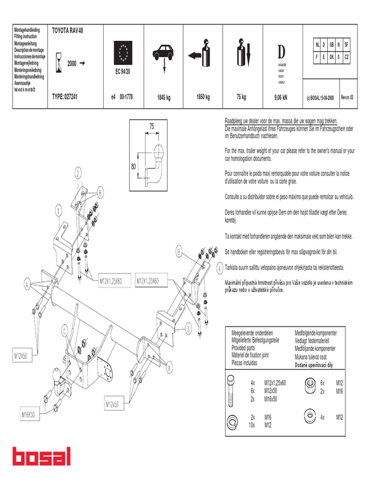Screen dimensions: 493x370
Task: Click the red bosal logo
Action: (x=41, y=457)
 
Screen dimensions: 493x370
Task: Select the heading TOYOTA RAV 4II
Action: (x=71, y=30)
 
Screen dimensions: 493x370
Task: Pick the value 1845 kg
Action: (x=163, y=98)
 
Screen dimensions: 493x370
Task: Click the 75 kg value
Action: (x=241, y=97)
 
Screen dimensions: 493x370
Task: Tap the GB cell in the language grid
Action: (x=331, y=45)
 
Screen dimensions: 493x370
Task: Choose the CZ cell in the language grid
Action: (x=346, y=56)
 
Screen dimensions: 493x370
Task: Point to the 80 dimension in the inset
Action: (x=133, y=167)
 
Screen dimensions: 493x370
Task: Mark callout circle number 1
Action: (x=58, y=211)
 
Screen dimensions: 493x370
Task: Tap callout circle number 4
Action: (x=219, y=268)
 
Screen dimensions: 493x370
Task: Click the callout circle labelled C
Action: (x=64, y=330)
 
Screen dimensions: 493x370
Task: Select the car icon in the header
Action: (x=163, y=53)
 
